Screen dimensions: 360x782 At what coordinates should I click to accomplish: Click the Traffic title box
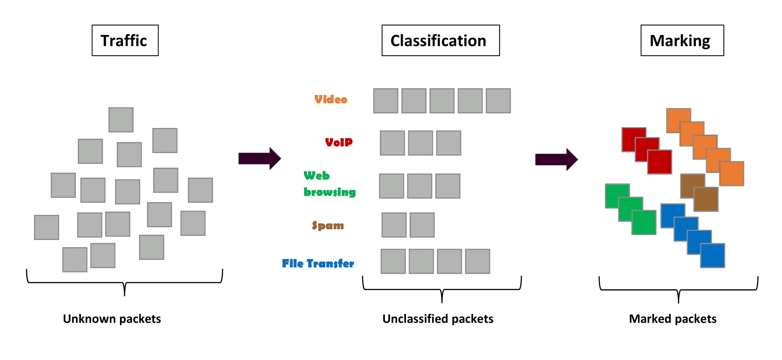[x=125, y=41]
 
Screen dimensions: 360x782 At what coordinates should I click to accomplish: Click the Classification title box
[x=440, y=41]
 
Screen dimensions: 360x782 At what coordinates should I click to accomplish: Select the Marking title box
[x=682, y=41]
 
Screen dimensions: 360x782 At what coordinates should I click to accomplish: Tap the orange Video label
[x=330, y=99]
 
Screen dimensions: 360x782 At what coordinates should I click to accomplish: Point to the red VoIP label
[x=339, y=142]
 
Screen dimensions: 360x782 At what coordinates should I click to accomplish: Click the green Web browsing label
[x=329, y=184]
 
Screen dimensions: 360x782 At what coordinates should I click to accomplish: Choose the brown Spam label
[x=328, y=226]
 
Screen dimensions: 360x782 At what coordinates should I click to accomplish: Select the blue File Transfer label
[x=318, y=263]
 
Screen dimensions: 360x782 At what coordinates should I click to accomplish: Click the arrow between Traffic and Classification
[x=259, y=159]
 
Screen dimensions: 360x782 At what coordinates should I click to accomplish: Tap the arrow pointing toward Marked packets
[x=556, y=159]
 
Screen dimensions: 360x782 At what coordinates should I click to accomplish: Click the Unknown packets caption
[x=112, y=319]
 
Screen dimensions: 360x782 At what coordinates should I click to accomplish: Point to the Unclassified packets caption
[x=438, y=319]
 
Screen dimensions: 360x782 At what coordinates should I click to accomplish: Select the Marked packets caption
[x=672, y=319]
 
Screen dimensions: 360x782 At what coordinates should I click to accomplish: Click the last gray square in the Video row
[x=498, y=101]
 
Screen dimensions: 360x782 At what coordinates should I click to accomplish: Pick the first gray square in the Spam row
[x=394, y=225]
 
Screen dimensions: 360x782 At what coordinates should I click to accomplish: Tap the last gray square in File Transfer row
[x=477, y=261]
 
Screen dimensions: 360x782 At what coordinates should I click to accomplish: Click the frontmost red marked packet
[x=660, y=162]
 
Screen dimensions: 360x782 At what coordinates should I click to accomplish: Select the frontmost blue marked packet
[x=712, y=255]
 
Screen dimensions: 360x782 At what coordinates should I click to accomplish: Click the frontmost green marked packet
[x=644, y=223]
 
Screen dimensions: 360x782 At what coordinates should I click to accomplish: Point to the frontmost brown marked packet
[x=706, y=199]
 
